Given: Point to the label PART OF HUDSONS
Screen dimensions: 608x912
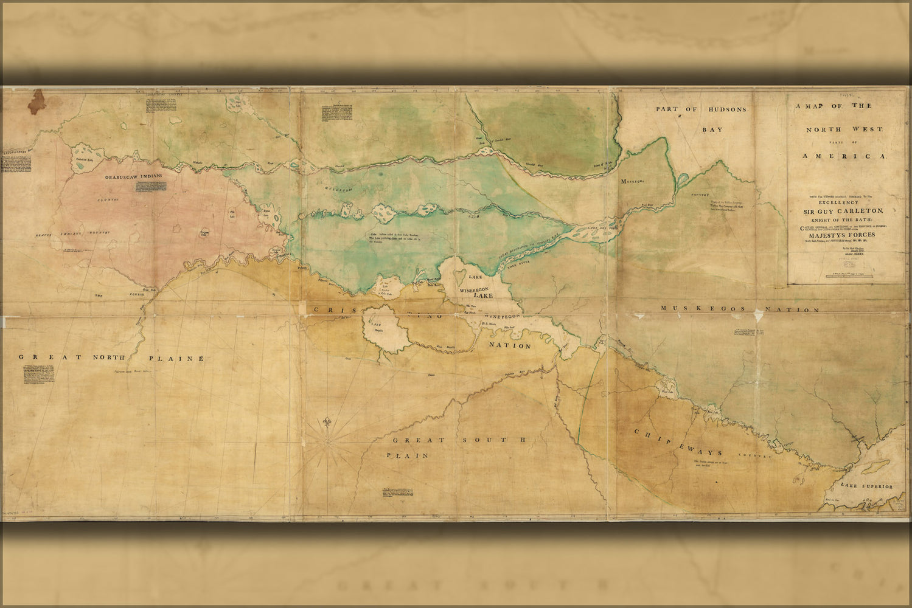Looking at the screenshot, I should tap(700, 109).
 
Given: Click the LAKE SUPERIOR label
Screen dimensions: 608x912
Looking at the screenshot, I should tap(867, 486).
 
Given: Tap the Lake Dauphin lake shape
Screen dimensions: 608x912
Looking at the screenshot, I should tap(377, 328).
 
